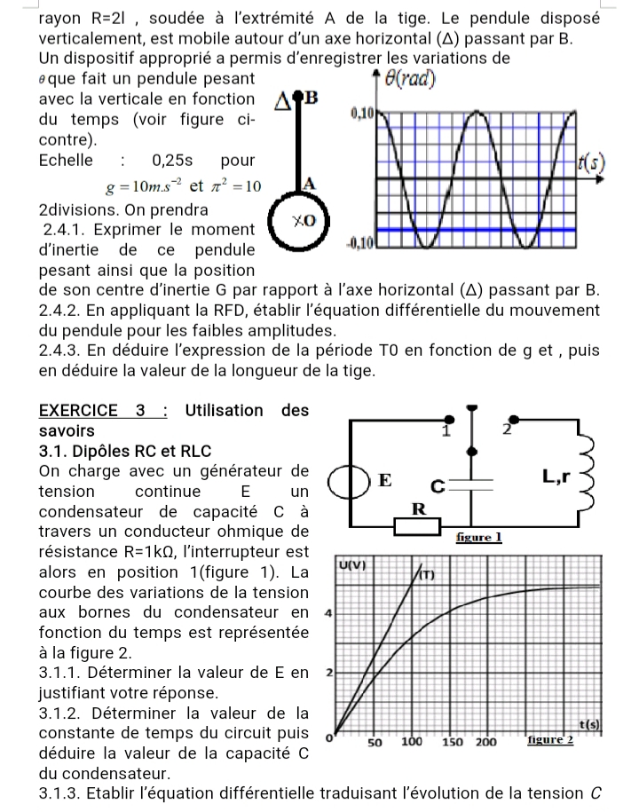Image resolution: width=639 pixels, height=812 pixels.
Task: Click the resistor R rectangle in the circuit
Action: [x=416, y=526]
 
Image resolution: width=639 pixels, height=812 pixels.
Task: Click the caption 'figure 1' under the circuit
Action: [x=478, y=537]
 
